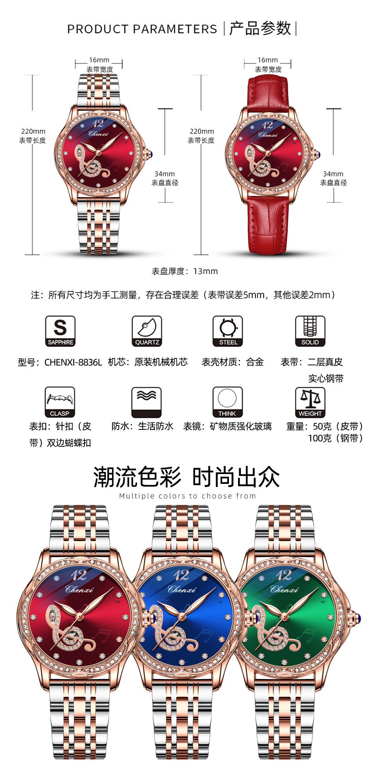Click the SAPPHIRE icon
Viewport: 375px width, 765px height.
[60, 331]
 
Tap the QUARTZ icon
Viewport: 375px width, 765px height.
[147, 331]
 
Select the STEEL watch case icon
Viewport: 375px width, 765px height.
[228, 331]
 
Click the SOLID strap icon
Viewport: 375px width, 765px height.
[310, 331]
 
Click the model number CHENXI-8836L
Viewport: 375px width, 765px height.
[73, 362]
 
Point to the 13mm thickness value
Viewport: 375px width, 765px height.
[205, 271]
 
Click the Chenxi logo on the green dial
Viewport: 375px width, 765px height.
[285, 590]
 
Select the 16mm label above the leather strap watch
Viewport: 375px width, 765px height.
[268, 60]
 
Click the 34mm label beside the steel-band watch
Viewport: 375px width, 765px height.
[165, 174]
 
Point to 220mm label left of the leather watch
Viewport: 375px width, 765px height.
[201, 131]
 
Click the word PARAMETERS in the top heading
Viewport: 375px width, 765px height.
[174, 29]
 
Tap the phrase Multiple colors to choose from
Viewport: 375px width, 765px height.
[187, 496]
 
